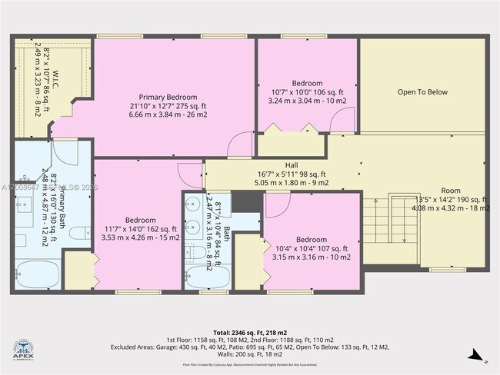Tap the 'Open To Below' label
point(422,92)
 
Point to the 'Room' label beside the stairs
point(452,190)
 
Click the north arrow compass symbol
point(476,355)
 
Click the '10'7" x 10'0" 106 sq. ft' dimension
point(307,91)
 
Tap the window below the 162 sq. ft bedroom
point(135,291)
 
